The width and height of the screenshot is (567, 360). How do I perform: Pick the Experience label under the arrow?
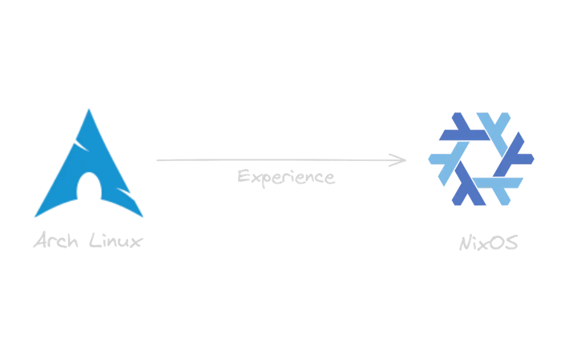coord(288,176)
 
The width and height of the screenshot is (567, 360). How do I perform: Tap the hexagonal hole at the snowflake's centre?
coord(480,158)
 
